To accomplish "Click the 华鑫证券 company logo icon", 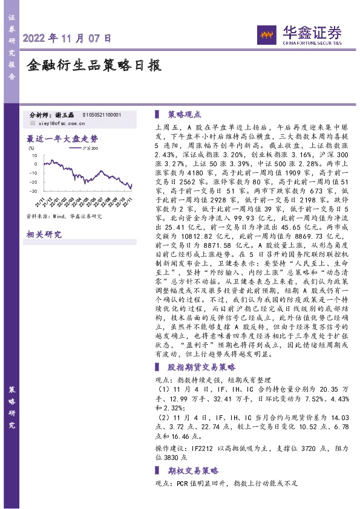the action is point(265,35).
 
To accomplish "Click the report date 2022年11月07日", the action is point(67,38).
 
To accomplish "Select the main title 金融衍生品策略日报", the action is point(94,66).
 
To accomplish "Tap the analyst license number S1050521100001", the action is point(101,114).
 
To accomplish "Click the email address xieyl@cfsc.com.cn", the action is point(62,123).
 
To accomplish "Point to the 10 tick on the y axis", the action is point(35,155).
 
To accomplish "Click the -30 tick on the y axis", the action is point(34,190).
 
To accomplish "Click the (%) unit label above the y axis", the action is point(31,147).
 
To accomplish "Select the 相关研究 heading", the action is point(44,235).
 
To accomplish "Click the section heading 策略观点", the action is point(184,113).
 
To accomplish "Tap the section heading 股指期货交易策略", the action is point(201,368).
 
